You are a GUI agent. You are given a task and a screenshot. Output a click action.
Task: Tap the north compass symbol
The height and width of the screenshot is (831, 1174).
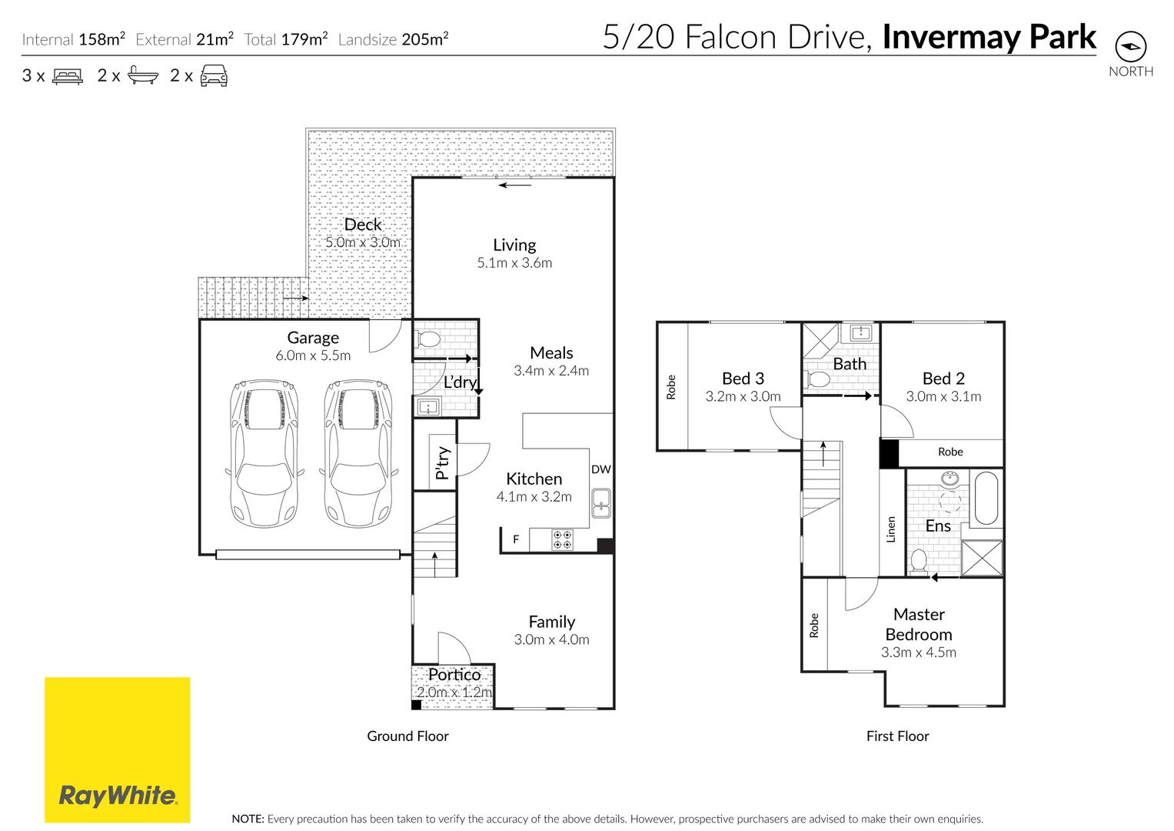pyautogui.click(x=1130, y=47)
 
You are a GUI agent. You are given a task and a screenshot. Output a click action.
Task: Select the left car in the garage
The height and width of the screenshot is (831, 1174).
pyautogui.click(x=264, y=453)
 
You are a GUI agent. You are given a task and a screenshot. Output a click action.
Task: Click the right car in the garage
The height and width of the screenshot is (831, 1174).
pyautogui.click(x=358, y=453)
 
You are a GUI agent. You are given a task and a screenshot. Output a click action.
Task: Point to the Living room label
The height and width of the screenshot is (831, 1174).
pyautogui.click(x=514, y=245)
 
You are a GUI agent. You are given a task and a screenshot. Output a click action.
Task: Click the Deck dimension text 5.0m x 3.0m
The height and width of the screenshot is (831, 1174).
pyautogui.click(x=363, y=242)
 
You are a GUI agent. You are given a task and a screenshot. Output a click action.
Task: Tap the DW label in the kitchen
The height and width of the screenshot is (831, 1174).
pyautogui.click(x=600, y=469)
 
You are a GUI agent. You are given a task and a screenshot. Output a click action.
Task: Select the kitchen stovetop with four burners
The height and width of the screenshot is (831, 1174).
pyautogui.click(x=562, y=539)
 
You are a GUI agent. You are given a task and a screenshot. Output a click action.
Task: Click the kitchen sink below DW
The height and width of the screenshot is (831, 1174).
pyautogui.click(x=600, y=503)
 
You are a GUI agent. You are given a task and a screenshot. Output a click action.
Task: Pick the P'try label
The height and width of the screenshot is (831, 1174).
pyautogui.click(x=442, y=463)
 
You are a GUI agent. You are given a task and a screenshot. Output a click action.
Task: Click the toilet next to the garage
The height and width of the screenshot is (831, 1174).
pyautogui.click(x=427, y=339)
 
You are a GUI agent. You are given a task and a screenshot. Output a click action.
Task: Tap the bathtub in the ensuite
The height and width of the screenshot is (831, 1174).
pyautogui.click(x=986, y=498)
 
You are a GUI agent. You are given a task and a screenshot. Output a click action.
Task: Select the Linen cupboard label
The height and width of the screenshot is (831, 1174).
pyautogui.click(x=891, y=529)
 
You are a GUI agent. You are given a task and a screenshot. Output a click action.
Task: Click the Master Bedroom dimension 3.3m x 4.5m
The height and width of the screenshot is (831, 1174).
pyautogui.click(x=919, y=652)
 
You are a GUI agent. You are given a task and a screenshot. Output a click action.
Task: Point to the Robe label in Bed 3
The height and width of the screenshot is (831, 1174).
pyautogui.click(x=671, y=386)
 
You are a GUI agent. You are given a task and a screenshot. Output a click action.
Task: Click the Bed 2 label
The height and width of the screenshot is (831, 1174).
pyautogui.click(x=943, y=379)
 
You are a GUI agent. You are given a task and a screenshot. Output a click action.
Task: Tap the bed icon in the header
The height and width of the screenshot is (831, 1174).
pyautogui.click(x=68, y=76)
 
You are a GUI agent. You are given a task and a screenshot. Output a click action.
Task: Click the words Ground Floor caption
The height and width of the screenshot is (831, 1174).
pyautogui.click(x=407, y=736)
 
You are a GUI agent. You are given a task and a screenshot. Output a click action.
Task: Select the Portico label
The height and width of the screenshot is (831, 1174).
pyautogui.click(x=454, y=675)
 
